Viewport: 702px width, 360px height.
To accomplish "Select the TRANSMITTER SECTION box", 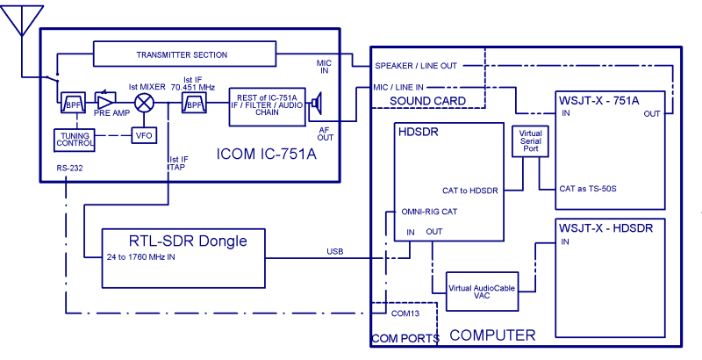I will coord(182,54).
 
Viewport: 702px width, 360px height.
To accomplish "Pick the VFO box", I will coord(143,135).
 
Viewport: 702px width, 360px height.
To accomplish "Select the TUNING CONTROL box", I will coord(76,140).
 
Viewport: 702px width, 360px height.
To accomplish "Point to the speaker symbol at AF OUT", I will coord(317,106).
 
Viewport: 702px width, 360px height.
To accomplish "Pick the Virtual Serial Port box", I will coord(529,141).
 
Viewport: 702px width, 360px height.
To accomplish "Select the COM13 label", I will coord(405,313).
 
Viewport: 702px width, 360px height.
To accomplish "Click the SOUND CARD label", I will coord(427,101).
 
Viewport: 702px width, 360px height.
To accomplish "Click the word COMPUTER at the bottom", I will coord(491,335).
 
